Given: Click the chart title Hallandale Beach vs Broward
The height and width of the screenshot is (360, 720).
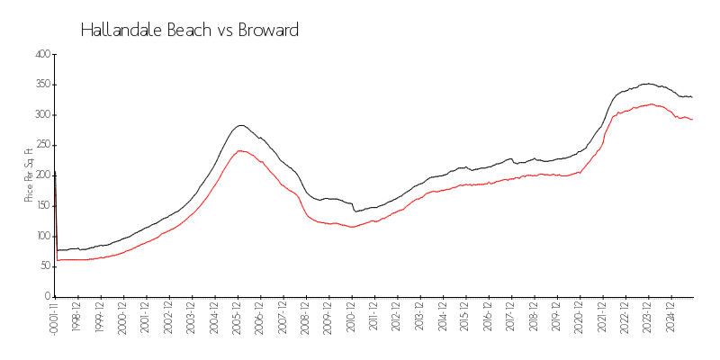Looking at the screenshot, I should pos(190,30).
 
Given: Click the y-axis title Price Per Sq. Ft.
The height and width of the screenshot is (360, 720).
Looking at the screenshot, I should pos(29,175).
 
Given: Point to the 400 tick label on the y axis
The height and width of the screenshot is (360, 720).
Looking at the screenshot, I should pos(40,54).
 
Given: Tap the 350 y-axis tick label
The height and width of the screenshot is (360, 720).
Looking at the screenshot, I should pos(40,85).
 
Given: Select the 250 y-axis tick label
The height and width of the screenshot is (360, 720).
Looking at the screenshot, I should pos(40,145).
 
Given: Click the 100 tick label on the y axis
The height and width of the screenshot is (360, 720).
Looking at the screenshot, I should pos(40,236).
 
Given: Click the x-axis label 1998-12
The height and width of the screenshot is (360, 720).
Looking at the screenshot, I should pos(78,317).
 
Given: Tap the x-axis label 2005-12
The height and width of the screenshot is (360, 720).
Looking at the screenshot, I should pos(238,317).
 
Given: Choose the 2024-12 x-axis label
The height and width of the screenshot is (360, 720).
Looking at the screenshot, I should pos(670,317).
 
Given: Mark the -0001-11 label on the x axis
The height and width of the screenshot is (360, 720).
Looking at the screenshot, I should pos(55,319).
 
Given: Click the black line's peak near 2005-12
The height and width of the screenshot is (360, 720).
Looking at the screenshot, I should pos(240,125).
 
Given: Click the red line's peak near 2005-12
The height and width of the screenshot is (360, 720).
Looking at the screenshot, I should pos(239,150).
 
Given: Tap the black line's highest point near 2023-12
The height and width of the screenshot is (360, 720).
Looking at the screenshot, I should pos(646,84).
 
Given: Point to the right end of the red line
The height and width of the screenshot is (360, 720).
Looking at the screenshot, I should pos(692,120).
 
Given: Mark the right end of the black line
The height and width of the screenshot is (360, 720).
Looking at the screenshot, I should pos(692,96).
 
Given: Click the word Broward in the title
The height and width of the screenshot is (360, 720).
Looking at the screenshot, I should pos(268,30).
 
